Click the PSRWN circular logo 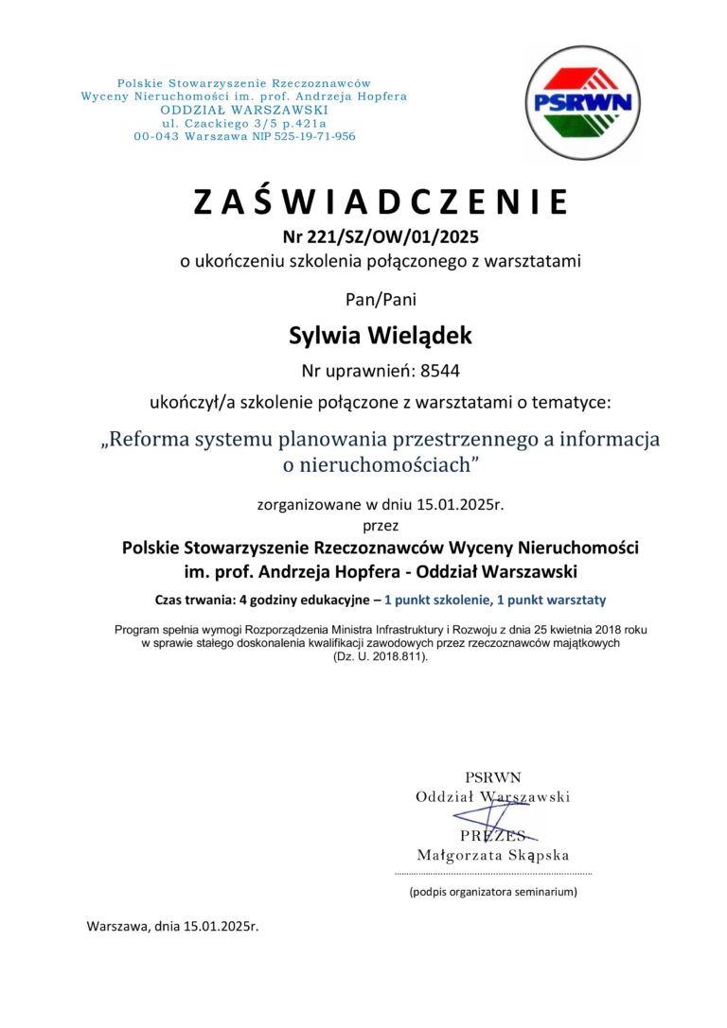(x=582, y=102)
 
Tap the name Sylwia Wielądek (x=381, y=335)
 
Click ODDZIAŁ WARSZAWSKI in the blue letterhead (x=244, y=110)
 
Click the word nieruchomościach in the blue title (x=389, y=464)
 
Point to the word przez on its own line (x=381, y=524)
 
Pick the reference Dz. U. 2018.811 (x=381, y=655)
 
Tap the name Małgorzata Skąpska (x=493, y=855)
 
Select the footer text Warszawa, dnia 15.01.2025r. (x=172, y=926)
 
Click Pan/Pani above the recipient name (x=381, y=301)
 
